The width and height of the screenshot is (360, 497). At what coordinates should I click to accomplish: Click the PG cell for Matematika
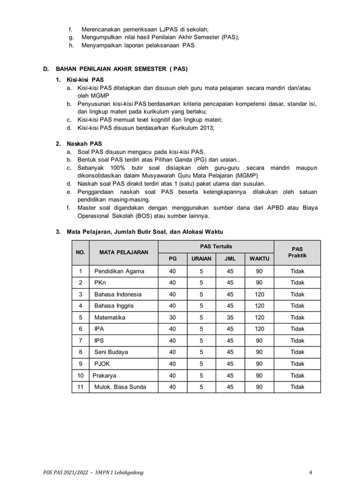tap(173, 318)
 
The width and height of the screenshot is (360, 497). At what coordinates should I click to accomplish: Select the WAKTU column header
tap(259, 259)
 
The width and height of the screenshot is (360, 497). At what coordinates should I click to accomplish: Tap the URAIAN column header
tap(201, 259)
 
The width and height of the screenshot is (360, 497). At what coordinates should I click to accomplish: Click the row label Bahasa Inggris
tap(114, 306)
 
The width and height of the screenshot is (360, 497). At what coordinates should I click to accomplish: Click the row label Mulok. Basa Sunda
tap(120, 387)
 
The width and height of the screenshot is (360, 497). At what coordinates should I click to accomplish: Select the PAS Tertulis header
tap(216, 247)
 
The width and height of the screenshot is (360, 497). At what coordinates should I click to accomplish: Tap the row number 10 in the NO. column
tap(81, 375)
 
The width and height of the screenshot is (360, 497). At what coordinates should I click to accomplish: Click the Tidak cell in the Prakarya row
tap(297, 375)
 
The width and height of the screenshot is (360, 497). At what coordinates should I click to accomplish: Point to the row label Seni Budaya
tap(111, 352)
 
